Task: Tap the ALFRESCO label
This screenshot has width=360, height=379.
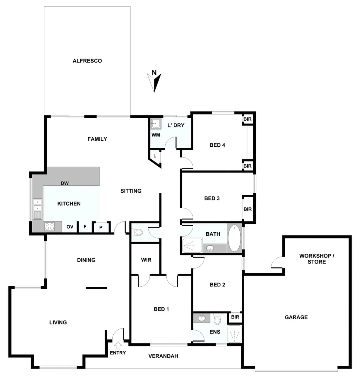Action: [x=87, y=61]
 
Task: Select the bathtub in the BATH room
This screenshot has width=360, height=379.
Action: [x=234, y=238]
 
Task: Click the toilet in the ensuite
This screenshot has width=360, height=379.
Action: [x=217, y=319]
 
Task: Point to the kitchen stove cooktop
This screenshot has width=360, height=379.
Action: [x=49, y=227]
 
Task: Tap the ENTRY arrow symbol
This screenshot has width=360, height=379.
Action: [x=118, y=345]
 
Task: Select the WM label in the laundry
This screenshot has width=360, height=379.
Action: [x=155, y=135]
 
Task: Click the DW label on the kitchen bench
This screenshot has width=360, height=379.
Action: [x=65, y=183]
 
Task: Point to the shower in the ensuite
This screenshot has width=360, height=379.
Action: [x=234, y=334]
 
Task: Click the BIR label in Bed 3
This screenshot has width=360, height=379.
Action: [x=247, y=209]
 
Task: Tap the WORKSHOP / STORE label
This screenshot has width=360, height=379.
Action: [x=317, y=259]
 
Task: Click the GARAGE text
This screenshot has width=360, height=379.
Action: [x=296, y=317]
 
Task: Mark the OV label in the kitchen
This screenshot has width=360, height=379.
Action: [x=70, y=227]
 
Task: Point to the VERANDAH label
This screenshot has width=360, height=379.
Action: [x=163, y=356]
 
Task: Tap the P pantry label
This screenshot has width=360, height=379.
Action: [x=101, y=227]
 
